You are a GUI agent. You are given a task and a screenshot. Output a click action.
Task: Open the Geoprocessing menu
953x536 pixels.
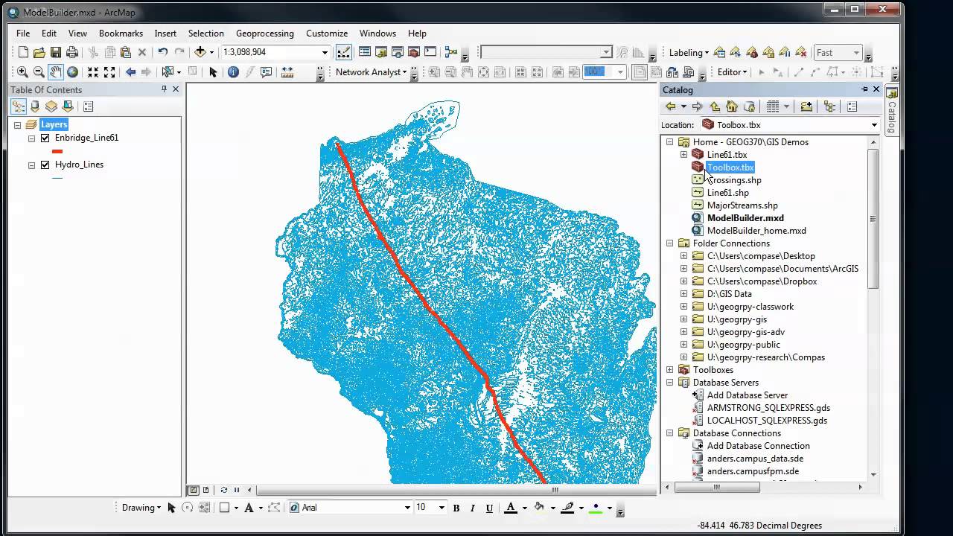pos(264,33)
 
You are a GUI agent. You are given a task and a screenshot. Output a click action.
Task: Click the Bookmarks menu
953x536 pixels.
pos(121,33)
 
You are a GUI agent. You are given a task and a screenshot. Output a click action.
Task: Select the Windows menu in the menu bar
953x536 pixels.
pos(377,33)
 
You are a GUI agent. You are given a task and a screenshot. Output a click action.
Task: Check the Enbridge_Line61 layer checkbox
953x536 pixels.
pos(45,138)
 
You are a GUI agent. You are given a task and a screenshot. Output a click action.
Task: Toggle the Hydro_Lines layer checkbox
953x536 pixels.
pos(45,165)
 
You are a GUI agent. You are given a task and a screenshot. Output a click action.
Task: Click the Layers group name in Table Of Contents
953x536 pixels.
pos(54,124)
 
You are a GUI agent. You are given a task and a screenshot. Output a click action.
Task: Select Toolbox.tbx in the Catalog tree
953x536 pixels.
pos(730,167)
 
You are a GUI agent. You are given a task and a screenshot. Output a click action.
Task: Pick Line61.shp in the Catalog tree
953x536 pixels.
pos(727,193)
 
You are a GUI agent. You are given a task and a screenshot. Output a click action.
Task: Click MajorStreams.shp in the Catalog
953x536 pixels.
pos(742,205)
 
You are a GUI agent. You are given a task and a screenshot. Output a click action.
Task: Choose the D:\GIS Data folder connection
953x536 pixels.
pos(729,294)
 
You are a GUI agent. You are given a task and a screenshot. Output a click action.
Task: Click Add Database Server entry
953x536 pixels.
pos(747,395)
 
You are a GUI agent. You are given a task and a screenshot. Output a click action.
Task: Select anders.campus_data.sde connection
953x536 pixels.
pos(754,459)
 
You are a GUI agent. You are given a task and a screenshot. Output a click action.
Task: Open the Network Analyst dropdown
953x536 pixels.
pos(372,72)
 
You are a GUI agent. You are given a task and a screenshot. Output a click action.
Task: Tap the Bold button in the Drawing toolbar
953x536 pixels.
pos(456,508)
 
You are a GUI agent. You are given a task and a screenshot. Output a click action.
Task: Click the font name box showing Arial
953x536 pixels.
pos(350,508)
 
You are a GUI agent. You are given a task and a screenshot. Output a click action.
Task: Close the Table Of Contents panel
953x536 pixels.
pos(176,89)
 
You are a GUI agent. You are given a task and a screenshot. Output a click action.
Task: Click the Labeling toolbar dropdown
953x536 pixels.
pos(688,53)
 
